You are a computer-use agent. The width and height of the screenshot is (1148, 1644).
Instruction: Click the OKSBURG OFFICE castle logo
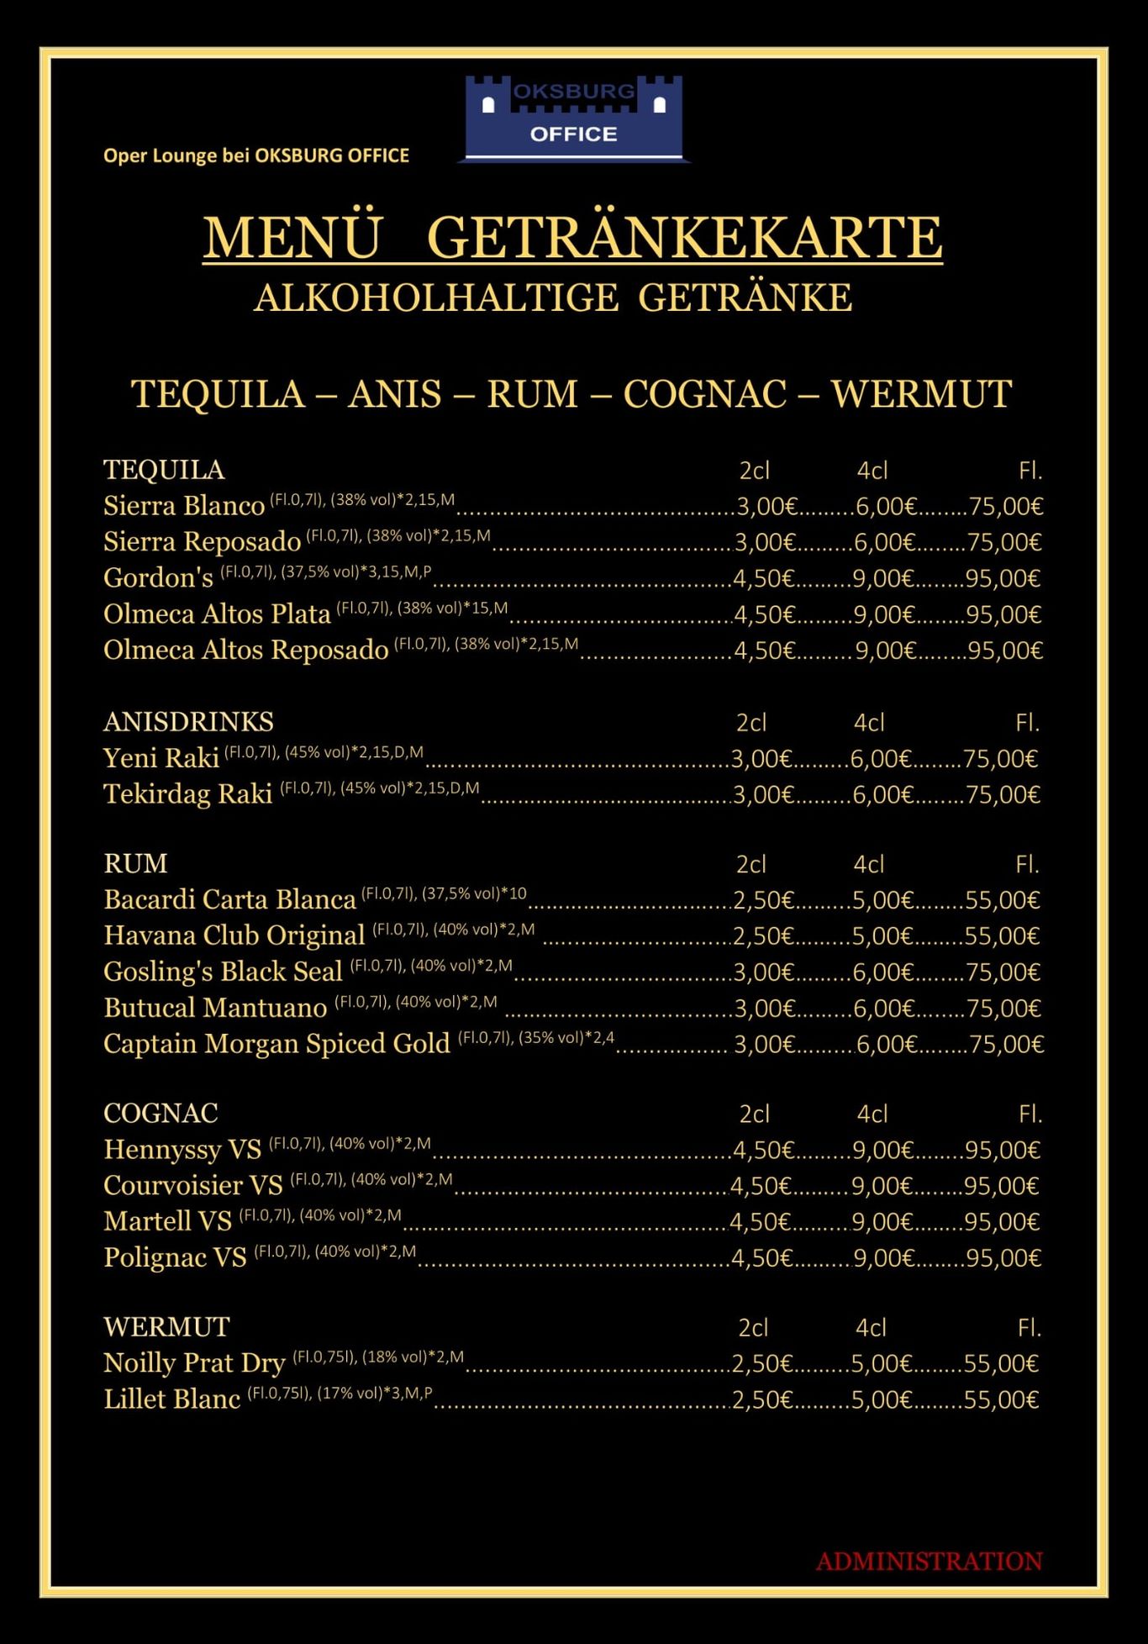pyautogui.click(x=574, y=118)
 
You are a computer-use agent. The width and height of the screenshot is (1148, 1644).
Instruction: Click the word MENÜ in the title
pyautogui.click(x=292, y=238)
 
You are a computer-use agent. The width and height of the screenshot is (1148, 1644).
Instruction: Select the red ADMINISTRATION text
pyautogui.click(x=929, y=1562)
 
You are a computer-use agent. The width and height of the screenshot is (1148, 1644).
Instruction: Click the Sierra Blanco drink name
pyautogui.click(x=184, y=506)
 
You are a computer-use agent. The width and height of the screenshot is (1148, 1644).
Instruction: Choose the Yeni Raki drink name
pyautogui.click(x=161, y=758)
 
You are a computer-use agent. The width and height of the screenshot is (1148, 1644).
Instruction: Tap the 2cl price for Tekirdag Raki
pyautogui.click(x=762, y=794)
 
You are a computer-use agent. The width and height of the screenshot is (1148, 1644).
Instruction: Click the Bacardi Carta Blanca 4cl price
pyautogui.click(x=882, y=900)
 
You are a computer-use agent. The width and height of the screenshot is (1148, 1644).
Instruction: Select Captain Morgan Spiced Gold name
pyautogui.click(x=276, y=1044)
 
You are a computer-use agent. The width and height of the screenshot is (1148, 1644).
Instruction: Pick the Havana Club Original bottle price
pyautogui.click(x=1002, y=936)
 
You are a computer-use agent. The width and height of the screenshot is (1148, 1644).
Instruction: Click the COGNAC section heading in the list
pyautogui.click(x=161, y=1113)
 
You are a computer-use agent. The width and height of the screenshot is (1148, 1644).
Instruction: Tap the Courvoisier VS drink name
pyautogui.click(x=192, y=1185)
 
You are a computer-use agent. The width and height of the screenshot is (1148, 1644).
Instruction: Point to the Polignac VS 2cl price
pyautogui.click(x=761, y=1257)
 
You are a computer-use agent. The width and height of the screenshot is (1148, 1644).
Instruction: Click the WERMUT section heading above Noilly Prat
pyautogui.click(x=166, y=1326)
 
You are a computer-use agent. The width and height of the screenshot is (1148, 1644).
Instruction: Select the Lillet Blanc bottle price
pyautogui.click(x=1001, y=1399)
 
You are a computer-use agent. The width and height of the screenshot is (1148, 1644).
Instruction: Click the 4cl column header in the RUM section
pyautogui.click(x=869, y=864)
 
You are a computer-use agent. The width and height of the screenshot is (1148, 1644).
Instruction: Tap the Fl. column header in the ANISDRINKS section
pyautogui.click(x=1027, y=723)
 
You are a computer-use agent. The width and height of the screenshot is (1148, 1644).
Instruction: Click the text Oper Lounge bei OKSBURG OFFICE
pyautogui.click(x=256, y=155)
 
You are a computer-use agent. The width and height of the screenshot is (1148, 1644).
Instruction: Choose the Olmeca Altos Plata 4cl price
pyautogui.click(x=883, y=614)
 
